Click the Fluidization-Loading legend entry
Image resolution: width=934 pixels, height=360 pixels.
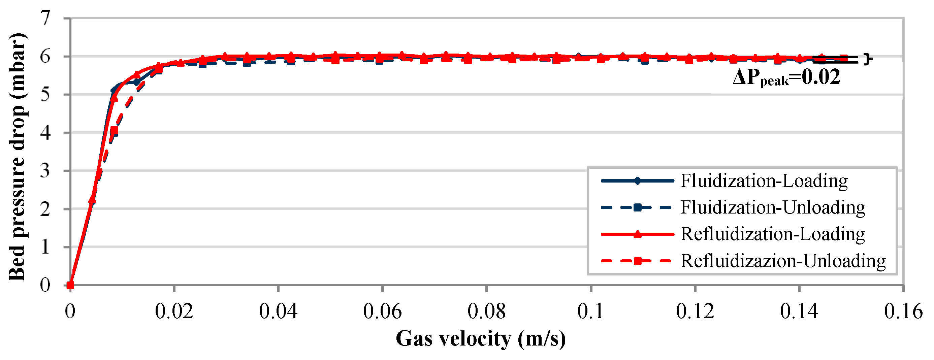pos(764,181)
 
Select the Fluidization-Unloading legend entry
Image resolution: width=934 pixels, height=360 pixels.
pos(772,207)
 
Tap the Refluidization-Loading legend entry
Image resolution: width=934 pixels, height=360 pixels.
pos(772,234)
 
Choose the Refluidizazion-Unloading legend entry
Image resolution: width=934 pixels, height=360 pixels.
pos(782,261)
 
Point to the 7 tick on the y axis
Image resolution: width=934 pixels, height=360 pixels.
pos(46,18)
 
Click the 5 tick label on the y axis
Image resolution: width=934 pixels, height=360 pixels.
pos(46,95)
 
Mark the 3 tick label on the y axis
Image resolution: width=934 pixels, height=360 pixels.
pos(46,171)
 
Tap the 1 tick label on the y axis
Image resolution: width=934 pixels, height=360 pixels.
pos(46,247)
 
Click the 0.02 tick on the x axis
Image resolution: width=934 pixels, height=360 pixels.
pos(174,311)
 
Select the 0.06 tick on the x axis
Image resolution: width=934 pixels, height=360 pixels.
pos(383,311)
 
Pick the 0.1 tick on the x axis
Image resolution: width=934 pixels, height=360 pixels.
pos(591,311)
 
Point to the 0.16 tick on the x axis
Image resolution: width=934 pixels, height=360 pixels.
pos(903,311)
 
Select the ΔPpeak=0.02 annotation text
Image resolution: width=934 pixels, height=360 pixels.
pos(786,77)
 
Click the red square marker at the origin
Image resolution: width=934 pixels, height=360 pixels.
pos(70,285)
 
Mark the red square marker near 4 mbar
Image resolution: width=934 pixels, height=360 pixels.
pos(114,131)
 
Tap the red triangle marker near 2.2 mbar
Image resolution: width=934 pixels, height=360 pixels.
pos(92,200)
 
